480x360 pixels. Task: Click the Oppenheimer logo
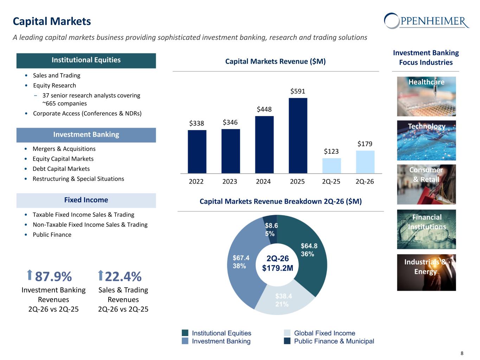click(427, 21)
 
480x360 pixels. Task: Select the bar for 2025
click(298, 135)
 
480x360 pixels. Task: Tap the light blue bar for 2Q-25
click(332, 166)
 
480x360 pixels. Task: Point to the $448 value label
click(264, 109)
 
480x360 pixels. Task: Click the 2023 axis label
click(230, 181)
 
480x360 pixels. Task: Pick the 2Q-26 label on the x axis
click(365, 181)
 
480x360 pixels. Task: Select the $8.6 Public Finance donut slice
click(270, 230)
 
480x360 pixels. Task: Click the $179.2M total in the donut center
click(277, 268)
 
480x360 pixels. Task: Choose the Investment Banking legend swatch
click(185, 341)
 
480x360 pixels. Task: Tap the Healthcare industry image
click(427, 96)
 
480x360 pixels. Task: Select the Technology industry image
click(427, 140)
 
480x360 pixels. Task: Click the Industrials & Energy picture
click(427, 272)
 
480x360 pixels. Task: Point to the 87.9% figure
click(53, 276)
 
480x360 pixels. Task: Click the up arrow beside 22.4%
click(100, 275)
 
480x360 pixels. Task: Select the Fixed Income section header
click(86, 200)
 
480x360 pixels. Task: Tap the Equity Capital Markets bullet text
click(63, 159)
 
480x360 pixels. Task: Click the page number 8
click(462, 353)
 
